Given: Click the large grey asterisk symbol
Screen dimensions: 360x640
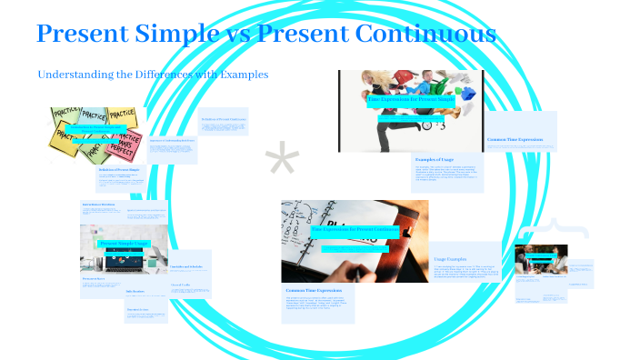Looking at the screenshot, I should [x=282, y=162].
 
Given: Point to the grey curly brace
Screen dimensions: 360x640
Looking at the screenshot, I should [x=549, y=230].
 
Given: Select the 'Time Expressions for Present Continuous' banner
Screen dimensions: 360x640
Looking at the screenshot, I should [x=355, y=230].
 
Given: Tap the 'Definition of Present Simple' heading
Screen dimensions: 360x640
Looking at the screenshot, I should [x=122, y=170].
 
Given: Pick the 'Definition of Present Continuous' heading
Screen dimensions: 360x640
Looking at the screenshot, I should [x=224, y=118].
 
